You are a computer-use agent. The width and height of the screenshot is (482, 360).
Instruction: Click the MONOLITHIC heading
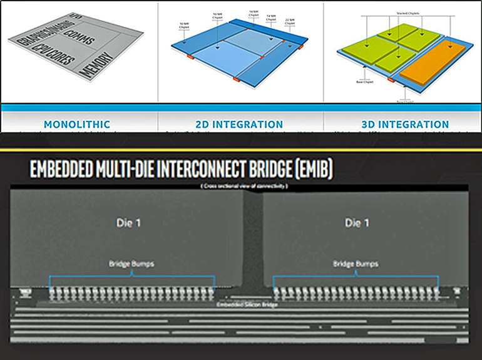(x=78, y=125)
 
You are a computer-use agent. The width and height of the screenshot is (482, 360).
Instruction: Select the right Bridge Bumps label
(x=356, y=264)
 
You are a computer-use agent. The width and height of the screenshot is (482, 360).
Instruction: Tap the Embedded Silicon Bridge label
(x=243, y=305)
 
